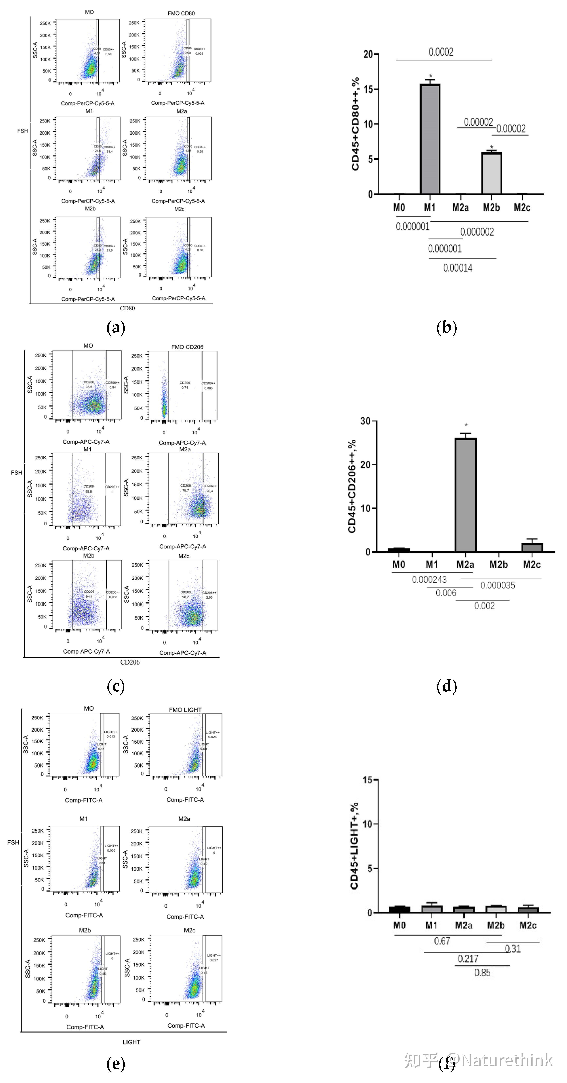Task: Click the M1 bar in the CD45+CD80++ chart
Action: click(430, 139)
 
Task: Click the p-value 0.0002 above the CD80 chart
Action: click(441, 52)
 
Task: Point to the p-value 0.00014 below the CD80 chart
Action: click(458, 268)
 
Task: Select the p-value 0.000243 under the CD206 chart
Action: click(429, 580)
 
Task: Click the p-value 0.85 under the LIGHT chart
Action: click(483, 973)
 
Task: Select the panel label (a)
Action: click(116, 328)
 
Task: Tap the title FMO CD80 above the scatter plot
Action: click(181, 13)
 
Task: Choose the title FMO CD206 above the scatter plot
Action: click(187, 347)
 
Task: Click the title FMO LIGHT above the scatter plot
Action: click(185, 710)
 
